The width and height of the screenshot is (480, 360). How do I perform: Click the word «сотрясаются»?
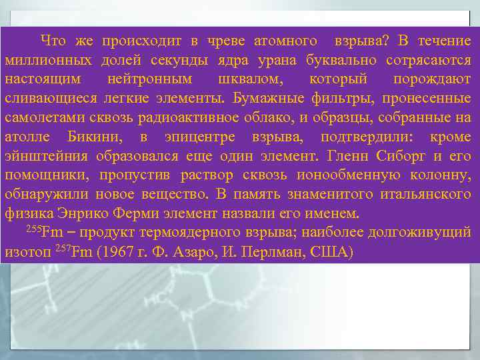click(x=428, y=61)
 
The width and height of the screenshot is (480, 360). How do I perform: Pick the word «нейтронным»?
click(x=149, y=80)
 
